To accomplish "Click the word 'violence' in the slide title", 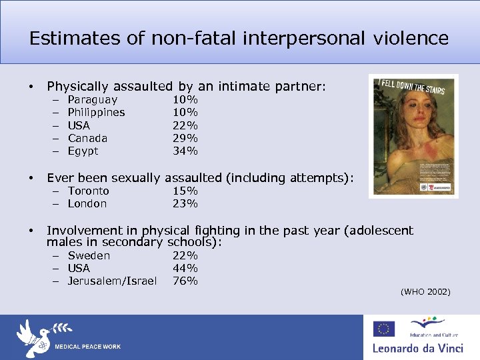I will (x=411, y=38).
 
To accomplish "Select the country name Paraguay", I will (x=93, y=100).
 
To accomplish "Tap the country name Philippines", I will (x=96, y=113).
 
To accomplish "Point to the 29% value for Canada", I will (x=185, y=138).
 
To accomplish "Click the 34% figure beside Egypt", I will (x=185, y=151).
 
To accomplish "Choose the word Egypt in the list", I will (x=83, y=151).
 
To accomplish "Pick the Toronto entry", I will (x=88, y=191).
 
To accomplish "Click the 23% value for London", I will (x=185, y=203).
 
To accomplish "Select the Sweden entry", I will (x=89, y=255).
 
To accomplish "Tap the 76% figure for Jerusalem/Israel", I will (x=185, y=281).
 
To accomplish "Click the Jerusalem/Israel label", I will (x=112, y=281).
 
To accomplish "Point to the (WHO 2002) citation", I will (x=425, y=292).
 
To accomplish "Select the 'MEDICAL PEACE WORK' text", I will (x=87, y=347).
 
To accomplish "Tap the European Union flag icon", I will (x=383, y=329).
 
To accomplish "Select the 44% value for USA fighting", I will (x=185, y=268).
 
